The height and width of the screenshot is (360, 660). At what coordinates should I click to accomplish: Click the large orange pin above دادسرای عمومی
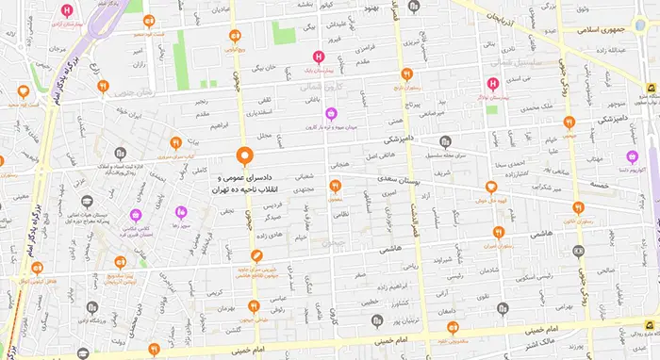point(245,156)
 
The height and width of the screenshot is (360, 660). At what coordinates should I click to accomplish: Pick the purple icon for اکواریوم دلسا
point(631,157)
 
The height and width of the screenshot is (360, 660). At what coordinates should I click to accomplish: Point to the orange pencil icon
point(256,256)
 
